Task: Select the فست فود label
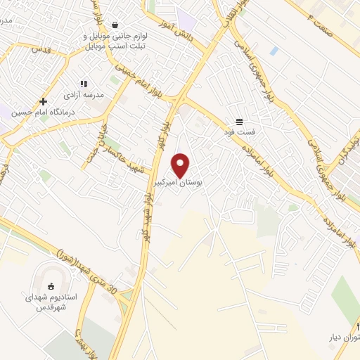pos(240,131)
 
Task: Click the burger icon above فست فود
pos(240,120)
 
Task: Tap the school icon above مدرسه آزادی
pos(84,84)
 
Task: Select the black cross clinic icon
pos(43,101)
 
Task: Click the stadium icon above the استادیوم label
pos(50,285)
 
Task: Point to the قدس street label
pos(40,49)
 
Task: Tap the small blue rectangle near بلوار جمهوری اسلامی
pos(274,51)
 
